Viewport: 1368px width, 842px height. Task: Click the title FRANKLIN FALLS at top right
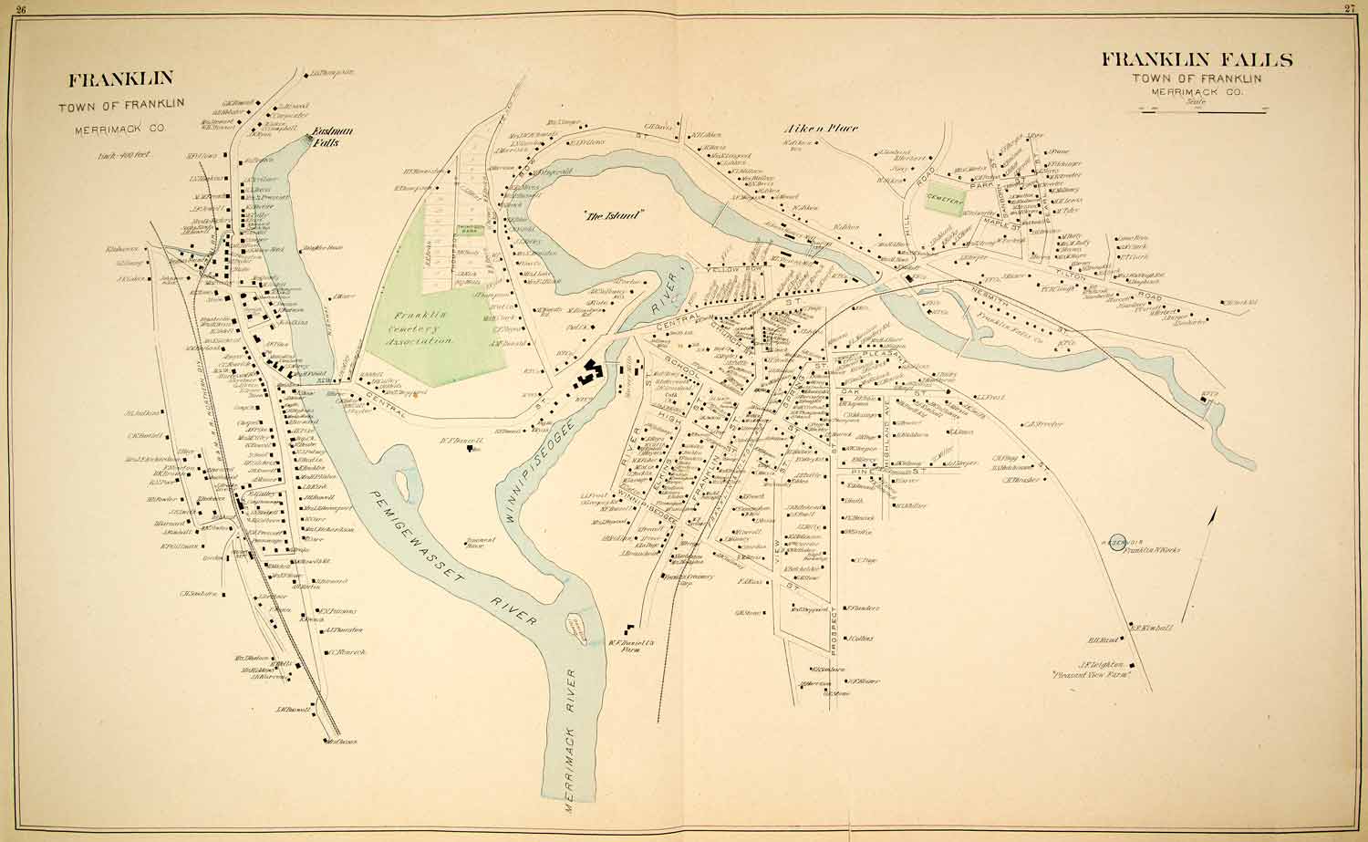[x=1197, y=60]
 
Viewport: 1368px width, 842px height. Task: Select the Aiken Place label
[x=822, y=129]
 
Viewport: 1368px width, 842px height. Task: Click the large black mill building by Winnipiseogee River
[x=589, y=374]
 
